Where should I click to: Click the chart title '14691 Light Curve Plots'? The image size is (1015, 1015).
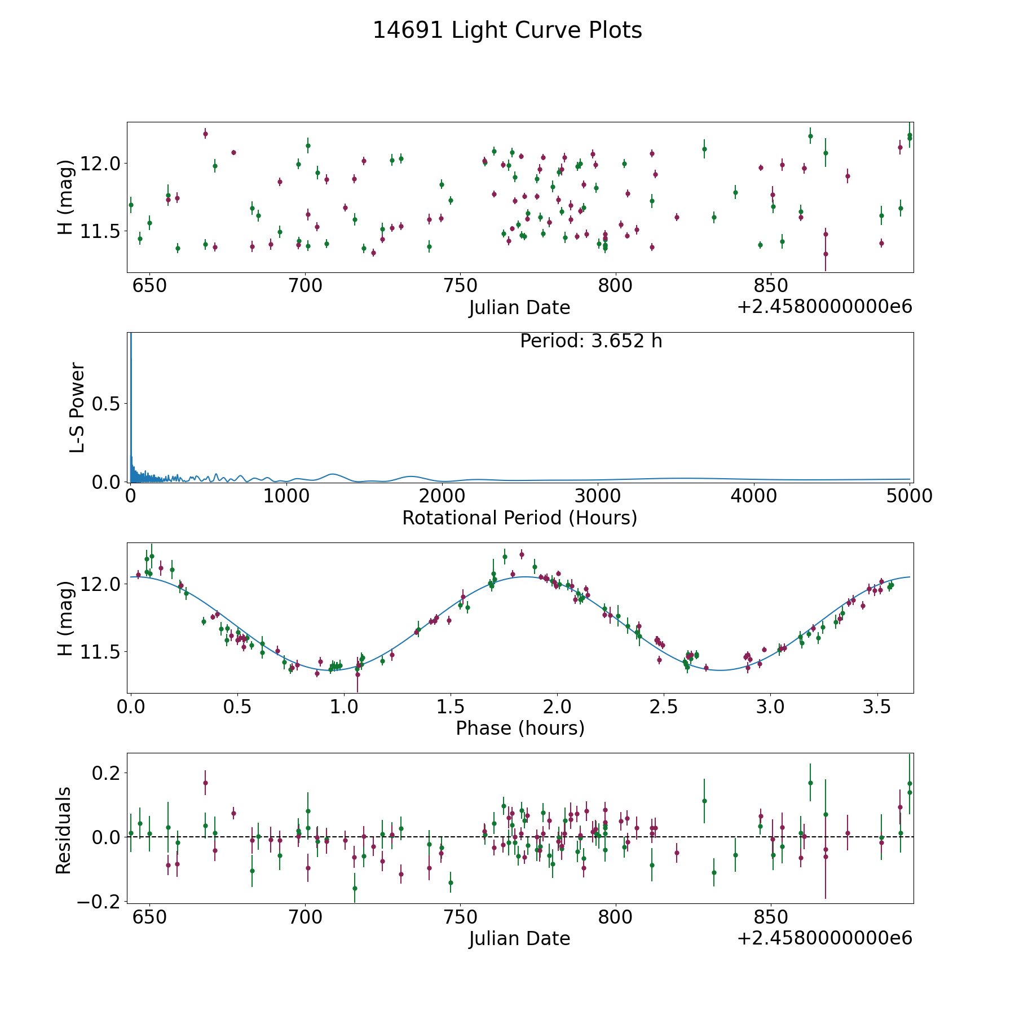(x=507, y=30)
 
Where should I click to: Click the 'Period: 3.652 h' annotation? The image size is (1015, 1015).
(x=590, y=341)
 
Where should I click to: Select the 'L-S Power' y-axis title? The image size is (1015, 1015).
(x=77, y=407)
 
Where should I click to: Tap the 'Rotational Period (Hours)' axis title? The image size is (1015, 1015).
(x=519, y=518)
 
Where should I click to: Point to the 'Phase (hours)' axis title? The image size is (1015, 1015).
(x=519, y=728)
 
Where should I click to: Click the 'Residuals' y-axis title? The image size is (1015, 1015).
(x=63, y=830)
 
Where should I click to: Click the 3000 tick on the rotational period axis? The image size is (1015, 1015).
(x=598, y=496)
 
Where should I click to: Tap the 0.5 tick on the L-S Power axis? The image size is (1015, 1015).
(x=107, y=404)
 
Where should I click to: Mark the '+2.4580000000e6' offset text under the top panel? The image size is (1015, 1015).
(x=824, y=307)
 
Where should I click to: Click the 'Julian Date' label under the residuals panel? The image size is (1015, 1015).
(x=519, y=938)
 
